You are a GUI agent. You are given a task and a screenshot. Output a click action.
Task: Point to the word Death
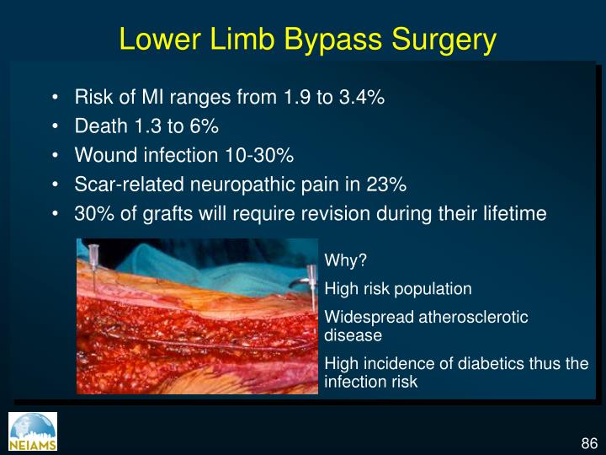tap(101, 126)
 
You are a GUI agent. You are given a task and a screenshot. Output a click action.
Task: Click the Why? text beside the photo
tap(340, 260)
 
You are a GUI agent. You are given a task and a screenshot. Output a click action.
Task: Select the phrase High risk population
tap(398, 289)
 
